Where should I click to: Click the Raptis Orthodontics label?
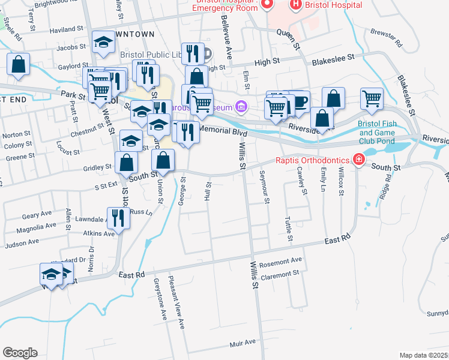point(313,160)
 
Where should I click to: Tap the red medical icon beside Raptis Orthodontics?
point(359,160)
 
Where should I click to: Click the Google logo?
point(20,353)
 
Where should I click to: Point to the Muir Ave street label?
point(243,343)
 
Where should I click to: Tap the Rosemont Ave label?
point(281,262)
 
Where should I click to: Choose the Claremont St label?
point(280,273)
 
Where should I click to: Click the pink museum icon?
point(241,107)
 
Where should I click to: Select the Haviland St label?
point(66,29)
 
